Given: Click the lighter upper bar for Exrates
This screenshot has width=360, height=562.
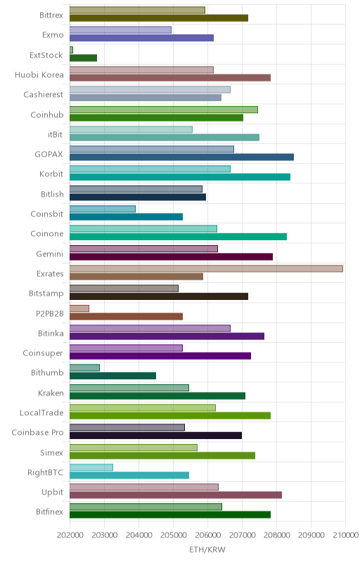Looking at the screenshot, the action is [x=206, y=268].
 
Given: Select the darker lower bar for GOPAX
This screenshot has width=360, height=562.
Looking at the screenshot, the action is [x=182, y=157].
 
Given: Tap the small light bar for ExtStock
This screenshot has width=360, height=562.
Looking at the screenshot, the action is [x=71, y=50].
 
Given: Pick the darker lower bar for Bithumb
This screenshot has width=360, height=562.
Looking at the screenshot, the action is [x=112, y=376].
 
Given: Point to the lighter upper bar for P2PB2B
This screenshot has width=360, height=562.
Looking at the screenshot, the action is [x=79, y=308].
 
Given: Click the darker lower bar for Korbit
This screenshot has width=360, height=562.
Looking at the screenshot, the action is [x=180, y=177].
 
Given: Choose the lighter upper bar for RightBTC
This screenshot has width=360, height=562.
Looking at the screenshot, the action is [x=91, y=467].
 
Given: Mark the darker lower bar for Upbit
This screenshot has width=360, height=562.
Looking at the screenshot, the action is [x=176, y=495].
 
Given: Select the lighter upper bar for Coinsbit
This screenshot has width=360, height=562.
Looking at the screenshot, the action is [x=103, y=209].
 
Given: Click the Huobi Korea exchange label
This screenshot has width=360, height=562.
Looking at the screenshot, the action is [x=39, y=75].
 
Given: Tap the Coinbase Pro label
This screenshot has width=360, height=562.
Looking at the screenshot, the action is [x=37, y=433].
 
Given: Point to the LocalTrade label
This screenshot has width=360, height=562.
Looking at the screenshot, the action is [x=41, y=413].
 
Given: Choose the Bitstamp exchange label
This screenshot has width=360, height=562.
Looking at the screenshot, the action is [x=46, y=294].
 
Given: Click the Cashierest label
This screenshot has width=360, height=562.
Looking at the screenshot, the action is [x=44, y=95].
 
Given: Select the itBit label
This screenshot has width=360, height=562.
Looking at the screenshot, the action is [x=56, y=134].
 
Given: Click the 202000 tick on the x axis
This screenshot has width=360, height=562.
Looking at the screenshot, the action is [x=70, y=535].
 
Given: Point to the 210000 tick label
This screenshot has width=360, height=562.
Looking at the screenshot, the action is [x=345, y=535].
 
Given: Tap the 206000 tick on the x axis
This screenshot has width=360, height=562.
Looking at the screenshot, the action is [x=207, y=535].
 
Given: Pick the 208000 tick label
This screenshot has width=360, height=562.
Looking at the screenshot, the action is [x=276, y=535].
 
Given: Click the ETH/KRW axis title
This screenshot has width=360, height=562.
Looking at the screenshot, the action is [x=207, y=550].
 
